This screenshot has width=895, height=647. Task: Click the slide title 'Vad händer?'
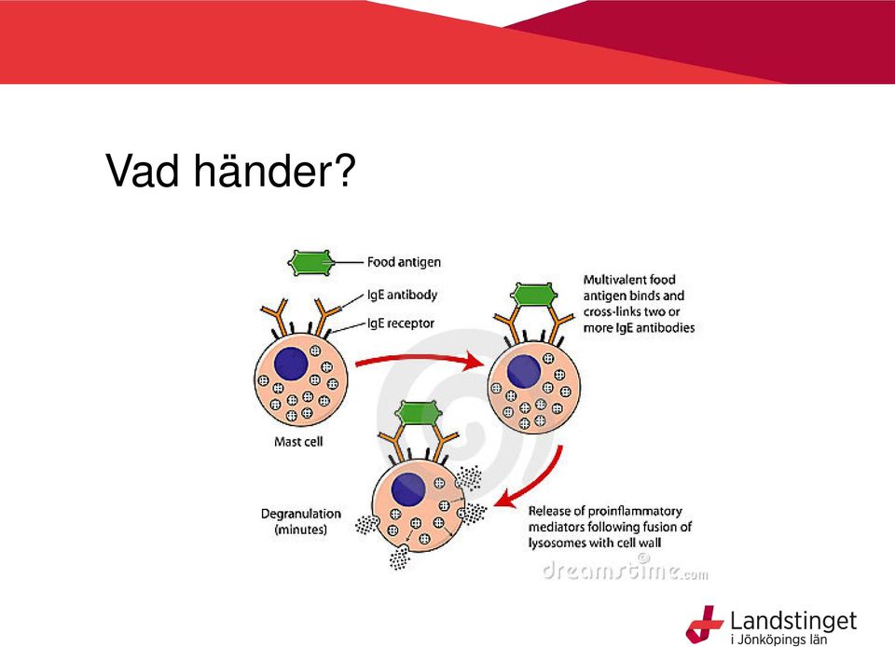[230, 170]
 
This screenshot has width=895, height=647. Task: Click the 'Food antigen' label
[404, 262]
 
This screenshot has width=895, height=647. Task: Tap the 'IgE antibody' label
[402, 295]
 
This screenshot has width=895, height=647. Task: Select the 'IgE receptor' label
[400, 323]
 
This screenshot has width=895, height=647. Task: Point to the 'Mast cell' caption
[298, 442]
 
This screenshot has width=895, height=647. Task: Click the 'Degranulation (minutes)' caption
[301, 521]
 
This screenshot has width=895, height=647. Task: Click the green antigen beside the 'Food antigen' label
[311, 263]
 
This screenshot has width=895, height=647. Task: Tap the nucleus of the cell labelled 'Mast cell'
[291, 364]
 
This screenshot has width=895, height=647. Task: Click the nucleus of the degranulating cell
[408, 489]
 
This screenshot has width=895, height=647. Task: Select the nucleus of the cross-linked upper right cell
[524, 371]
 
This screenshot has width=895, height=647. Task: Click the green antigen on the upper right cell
[534, 295]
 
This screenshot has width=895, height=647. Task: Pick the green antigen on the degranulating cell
[419, 413]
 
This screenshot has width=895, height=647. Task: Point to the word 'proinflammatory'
[635, 511]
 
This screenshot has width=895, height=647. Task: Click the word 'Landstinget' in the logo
[793, 621]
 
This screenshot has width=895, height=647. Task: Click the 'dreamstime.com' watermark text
[625, 569]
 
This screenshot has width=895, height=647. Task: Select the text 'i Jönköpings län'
[778, 639]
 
